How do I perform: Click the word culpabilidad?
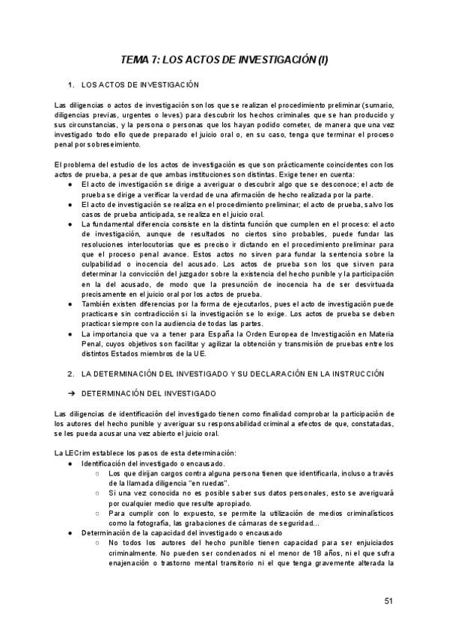[106, 274]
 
